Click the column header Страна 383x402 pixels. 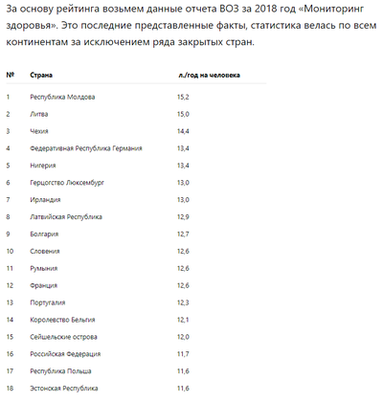(41, 74)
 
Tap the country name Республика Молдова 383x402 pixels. (64, 98)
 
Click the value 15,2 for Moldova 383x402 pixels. (183, 98)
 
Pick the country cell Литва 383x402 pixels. (41, 114)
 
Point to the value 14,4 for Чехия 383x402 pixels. (183, 131)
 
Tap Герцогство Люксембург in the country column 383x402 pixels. (67, 182)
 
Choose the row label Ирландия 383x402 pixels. (47, 199)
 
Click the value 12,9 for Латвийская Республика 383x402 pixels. (183, 217)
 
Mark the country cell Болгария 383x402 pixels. (46, 234)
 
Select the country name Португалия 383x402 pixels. (50, 302)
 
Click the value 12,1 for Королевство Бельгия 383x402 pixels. (183, 320)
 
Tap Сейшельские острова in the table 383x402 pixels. (64, 337)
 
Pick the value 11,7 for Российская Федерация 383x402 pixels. (183, 354)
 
